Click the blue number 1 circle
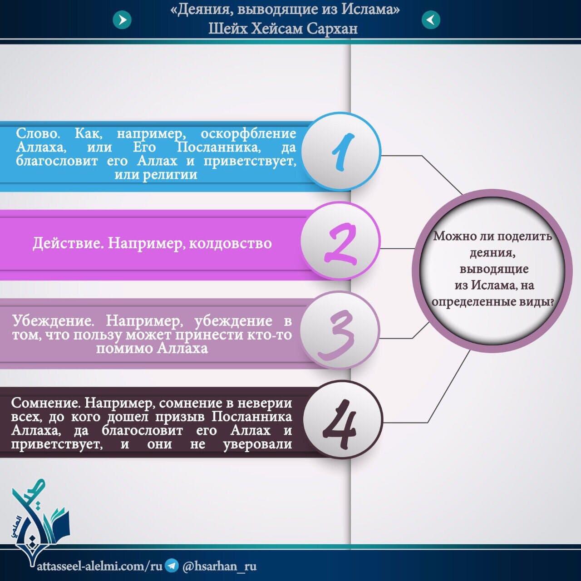[341, 152]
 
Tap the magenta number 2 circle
[340, 241]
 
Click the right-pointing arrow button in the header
[122, 20]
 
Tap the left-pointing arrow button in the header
[431, 20]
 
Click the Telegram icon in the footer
[172, 565]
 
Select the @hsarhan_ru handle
[219, 566]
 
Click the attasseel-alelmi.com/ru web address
[100, 566]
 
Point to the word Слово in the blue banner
[38, 133]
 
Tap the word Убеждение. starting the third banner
[53, 321]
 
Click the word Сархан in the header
[332, 29]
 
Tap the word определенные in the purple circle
[472, 302]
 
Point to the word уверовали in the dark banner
[257, 444]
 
